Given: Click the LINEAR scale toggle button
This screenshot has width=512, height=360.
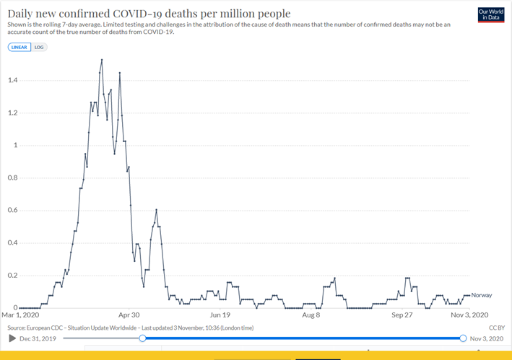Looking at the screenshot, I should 19,47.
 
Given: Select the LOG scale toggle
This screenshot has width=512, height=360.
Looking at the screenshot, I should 40,47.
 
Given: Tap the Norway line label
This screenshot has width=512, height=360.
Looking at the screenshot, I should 481,295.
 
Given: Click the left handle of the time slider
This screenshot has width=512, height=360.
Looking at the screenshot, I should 142,338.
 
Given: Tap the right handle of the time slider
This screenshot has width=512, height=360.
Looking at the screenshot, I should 463,338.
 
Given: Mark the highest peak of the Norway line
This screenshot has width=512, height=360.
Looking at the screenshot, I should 101,60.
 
